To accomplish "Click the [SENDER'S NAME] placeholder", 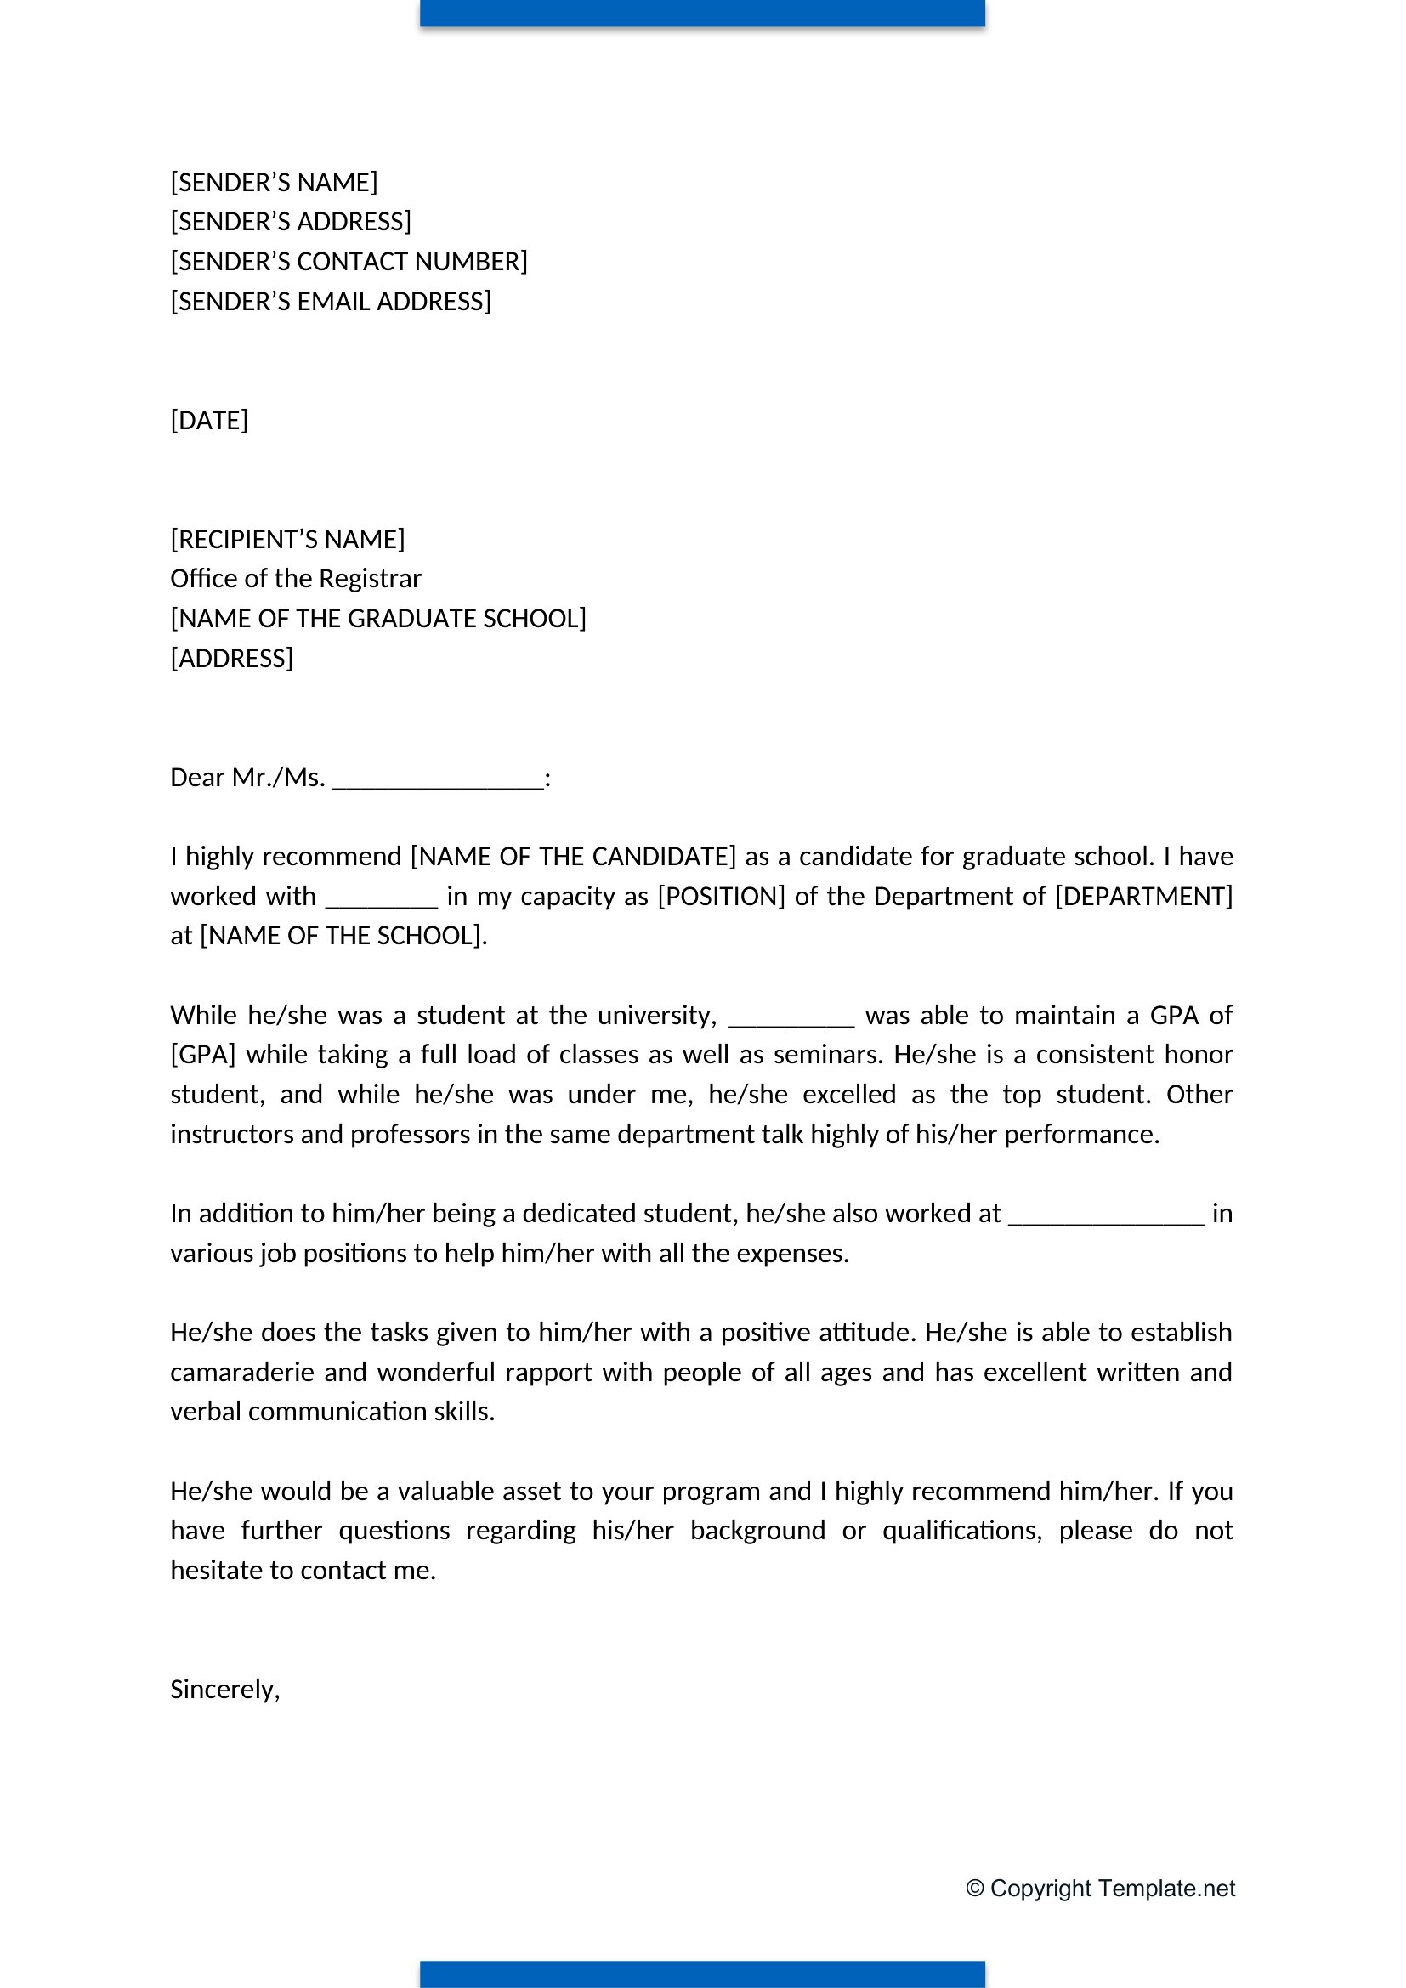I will click(274, 183).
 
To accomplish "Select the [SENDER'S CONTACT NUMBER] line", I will click(349, 262).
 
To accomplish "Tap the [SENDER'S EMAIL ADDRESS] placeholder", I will click(331, 302).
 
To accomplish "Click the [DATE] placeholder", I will click(208, 421).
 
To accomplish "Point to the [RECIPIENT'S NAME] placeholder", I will click(287, 540).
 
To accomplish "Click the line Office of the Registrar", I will click(295, 579).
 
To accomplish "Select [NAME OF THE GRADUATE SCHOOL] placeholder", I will click(378, 618).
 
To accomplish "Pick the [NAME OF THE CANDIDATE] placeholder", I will click(573, 857).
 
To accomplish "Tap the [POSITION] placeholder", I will click(721, 896).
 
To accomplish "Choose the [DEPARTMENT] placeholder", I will click(1143, 896).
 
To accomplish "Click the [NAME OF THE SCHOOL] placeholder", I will click(341, 936).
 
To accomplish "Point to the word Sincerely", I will click(224, 1690).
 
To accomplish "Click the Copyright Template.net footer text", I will click(1100, 1889).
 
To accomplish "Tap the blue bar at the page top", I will click(702, 13).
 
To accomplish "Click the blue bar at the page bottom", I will click(702, 1974).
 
